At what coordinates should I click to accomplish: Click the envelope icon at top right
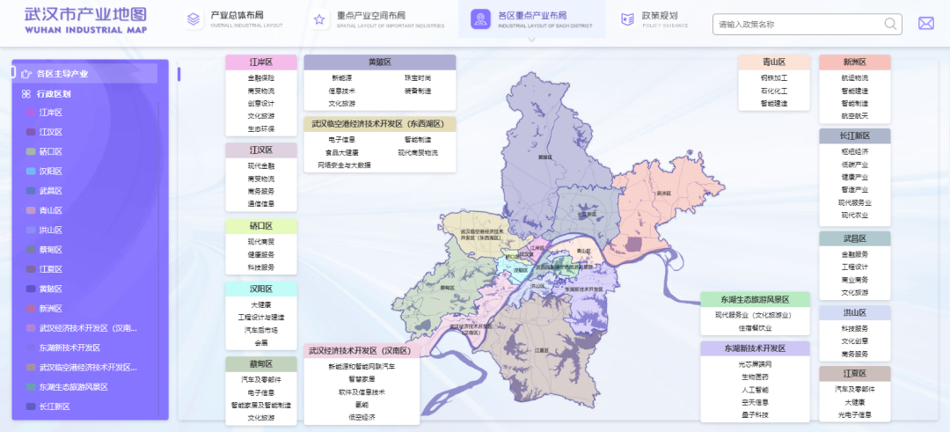click(925, 24)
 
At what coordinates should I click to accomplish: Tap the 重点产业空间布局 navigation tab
click(378, 19)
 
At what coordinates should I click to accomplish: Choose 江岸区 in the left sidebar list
click(51, 113)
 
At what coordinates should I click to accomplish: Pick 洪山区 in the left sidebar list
click(51, 231)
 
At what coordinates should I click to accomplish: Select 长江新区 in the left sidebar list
click(55, 406)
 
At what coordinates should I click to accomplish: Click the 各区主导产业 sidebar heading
click(61, 74)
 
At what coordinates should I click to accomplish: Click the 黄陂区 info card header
click(380, 62)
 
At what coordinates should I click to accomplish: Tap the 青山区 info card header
click(773, 62)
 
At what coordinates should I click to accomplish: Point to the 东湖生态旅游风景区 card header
click(755, 300)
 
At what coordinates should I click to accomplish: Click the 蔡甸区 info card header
click(261, 364)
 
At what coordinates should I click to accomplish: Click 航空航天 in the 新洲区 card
click(854, 116)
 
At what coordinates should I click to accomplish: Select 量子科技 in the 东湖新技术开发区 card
click(754, 414)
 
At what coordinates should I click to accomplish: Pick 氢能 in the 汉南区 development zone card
click(362, 405)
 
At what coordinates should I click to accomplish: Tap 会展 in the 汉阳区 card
click(261, 343)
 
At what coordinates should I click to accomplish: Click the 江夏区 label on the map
click(542, 349)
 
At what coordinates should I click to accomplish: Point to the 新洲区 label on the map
click(663, 193)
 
